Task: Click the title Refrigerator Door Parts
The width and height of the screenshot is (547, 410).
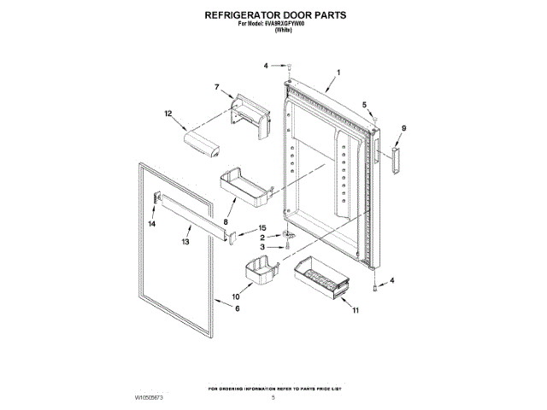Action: pyautogui.click(x=273, y=15)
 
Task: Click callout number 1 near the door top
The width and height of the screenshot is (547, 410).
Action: pyautogui.click(x=338, y=73)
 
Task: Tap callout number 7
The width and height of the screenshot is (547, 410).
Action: pyautogui.click(x=218, y=87)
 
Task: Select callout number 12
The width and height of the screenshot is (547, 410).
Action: pyautogui.click(x=168, y=113)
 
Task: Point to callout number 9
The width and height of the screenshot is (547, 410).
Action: pyautogui.click(x=404, y=128)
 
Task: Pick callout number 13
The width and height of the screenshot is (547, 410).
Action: pyautogui.click(x=185, y=242)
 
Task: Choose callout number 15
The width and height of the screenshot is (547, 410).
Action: pyautogui.click(x=264, y=228)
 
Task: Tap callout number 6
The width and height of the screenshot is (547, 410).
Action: pyautogui.click(x=238, y=307)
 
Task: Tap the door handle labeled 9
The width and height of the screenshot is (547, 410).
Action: pyautogui.click(x=395, y=159)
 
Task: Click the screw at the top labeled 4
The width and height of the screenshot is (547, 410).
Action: pyautogui.click(x=290, y=67)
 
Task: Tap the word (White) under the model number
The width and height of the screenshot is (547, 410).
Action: pyautogui.click(x=273, y=31)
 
